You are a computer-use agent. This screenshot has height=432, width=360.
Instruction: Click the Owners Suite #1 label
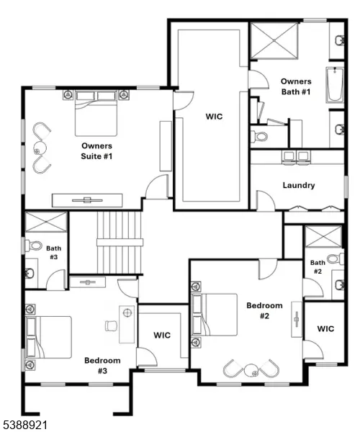(x=97, y=150)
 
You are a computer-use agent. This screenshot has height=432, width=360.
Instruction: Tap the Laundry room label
(x=299, y=185)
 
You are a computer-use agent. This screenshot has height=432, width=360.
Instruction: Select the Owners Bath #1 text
(x=296, y=87)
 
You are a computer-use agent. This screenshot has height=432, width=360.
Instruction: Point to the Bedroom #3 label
(x=102, y=366)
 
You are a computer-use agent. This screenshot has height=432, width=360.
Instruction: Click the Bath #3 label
(x=53, y=252)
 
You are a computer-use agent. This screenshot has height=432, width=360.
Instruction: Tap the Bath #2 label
(x=318, y=267)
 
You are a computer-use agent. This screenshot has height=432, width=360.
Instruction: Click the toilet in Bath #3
(x=35, y=246)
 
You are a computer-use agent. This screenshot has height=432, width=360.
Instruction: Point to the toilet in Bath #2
(x=333, y=258)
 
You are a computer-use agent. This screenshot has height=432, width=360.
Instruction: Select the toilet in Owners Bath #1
(x=261, y=135)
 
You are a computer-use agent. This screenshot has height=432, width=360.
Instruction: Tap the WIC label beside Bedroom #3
(x=162, y=335)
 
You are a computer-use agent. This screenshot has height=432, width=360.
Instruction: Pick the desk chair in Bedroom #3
(x=110, y=325)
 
